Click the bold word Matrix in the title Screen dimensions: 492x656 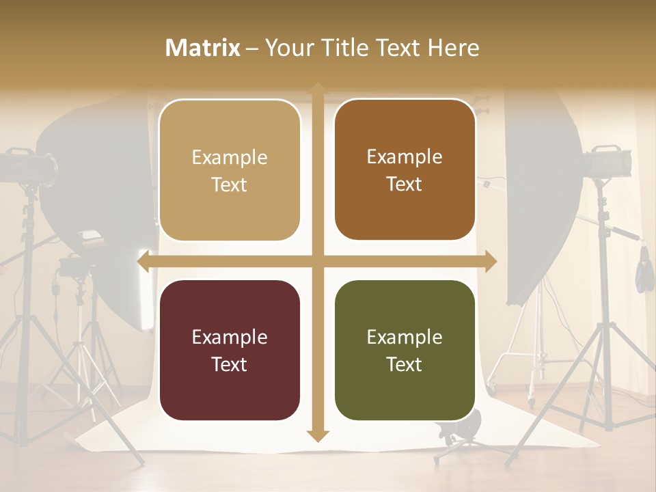[203, 48]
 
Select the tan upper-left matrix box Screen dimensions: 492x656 [230, 170]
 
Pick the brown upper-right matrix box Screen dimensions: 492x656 [405, 170]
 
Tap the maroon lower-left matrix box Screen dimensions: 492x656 [230, 350]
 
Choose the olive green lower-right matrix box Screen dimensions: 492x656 [405, 350]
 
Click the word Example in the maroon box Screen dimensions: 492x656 [230, 337]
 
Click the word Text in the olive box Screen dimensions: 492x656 [405, 364]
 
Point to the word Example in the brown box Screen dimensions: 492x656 [405, 156]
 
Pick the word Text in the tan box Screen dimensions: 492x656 [230, 184]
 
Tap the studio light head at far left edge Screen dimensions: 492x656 [27, 165]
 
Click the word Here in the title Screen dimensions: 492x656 [454, 48]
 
